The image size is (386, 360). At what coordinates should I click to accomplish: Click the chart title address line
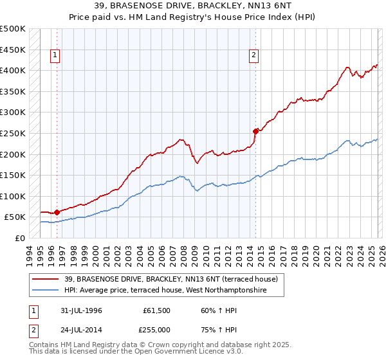pyautogui.click(x=193, y=6)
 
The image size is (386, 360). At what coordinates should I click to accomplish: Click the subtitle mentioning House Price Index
pyautogui.click(x=193, y=17)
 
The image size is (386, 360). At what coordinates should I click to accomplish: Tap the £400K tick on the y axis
pyautogui.click(x=13, y=71)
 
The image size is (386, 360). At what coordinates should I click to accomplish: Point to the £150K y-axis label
pyautogui.click(x=13, y=175)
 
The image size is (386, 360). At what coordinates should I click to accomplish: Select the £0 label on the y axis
pyautogui.click(x=20, y=238)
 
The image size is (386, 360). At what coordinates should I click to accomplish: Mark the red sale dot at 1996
pyautogui.click(x=57, y=212)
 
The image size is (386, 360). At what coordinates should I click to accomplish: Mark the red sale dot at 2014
pyautogui.click(x=255, y=131)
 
